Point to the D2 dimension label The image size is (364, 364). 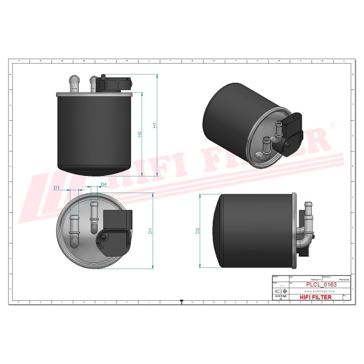(x=198, y=231)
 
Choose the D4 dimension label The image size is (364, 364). (x=104, y=185)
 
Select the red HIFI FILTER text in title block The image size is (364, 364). (x=316, y=297)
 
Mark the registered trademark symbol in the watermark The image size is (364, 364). (x=333, y=124)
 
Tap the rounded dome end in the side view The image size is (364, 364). (x=221, y=231)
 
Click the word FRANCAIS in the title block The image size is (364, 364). (x=331, y=279)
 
